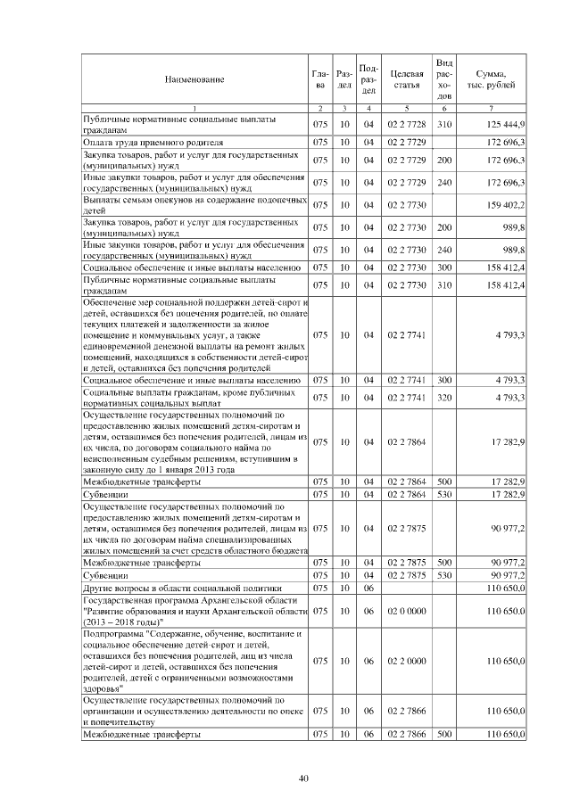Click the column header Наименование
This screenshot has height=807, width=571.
[194, 79]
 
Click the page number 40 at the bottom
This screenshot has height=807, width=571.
[304, 779]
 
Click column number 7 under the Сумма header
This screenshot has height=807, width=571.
[492, 108]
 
